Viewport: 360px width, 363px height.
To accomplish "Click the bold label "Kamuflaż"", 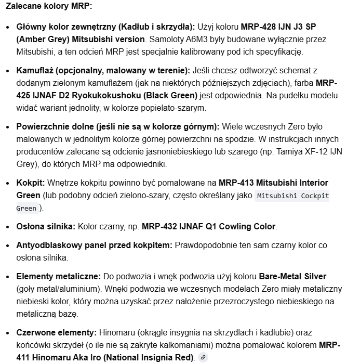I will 35,70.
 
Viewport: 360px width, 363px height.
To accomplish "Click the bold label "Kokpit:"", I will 31,183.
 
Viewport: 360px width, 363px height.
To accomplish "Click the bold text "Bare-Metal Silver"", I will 292,276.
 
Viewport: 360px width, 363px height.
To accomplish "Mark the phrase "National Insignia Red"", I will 150,357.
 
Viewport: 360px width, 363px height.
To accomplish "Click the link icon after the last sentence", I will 203,357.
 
